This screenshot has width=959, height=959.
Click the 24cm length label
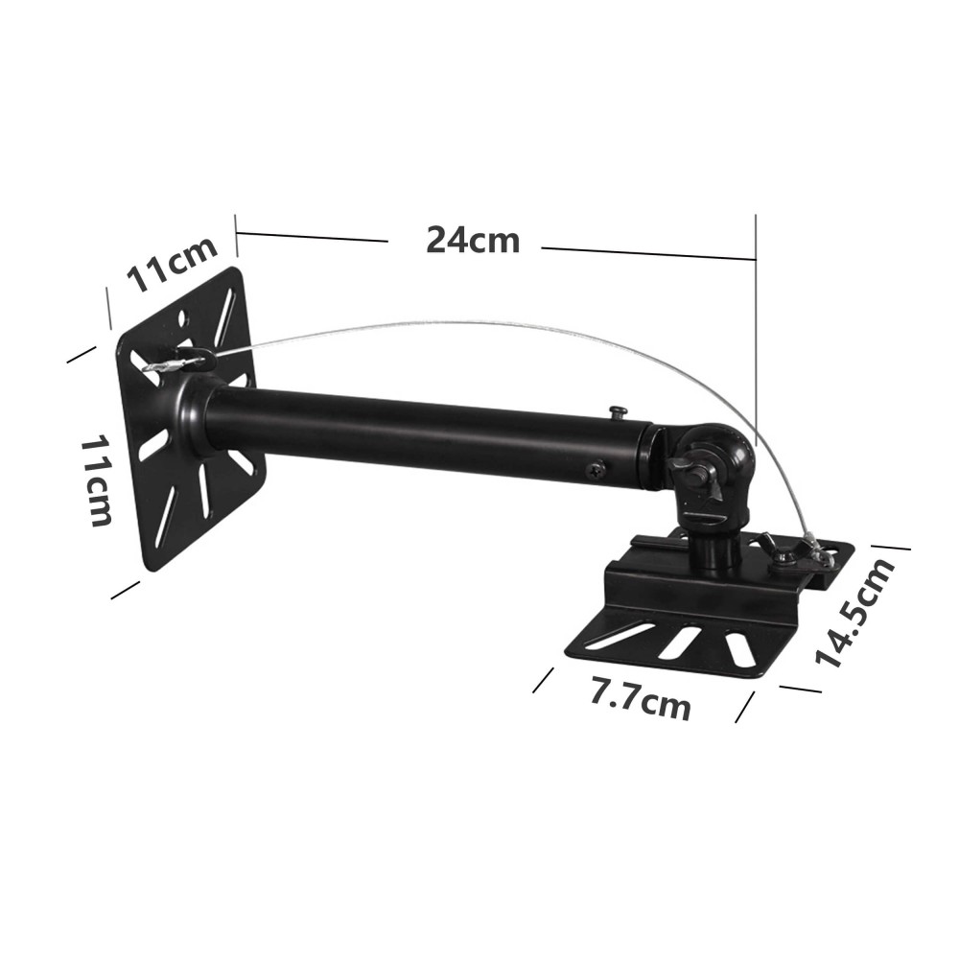473,240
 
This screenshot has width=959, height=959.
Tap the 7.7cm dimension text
640,699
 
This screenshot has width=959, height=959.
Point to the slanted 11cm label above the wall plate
173,266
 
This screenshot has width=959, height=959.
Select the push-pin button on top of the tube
619,412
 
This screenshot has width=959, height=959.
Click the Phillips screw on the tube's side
596,470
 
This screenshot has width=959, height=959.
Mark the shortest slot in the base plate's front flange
739,648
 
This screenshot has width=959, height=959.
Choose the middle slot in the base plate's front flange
679,642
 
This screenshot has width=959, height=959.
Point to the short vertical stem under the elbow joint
714,550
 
